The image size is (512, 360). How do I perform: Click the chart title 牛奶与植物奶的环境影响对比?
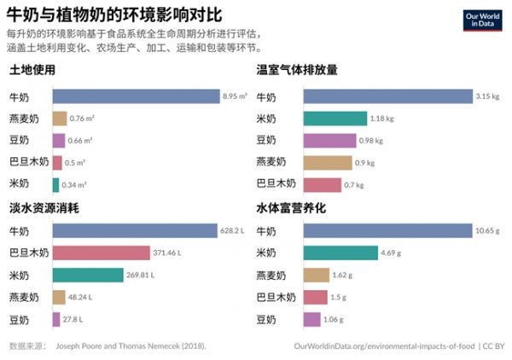pos(112,15)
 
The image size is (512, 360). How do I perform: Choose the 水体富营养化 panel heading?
pos(292,209)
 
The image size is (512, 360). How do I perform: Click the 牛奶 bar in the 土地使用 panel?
pos(136,96)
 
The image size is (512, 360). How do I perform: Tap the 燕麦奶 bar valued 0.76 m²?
pos(59,119)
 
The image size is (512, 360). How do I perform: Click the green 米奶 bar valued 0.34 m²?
pos(55,183)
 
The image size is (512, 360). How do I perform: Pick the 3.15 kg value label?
pos(487,96)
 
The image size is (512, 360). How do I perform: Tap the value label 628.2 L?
pos(233,231)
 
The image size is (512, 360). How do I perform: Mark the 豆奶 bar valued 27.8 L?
pos(55,319)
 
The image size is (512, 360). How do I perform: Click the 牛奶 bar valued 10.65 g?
pos(387,231)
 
